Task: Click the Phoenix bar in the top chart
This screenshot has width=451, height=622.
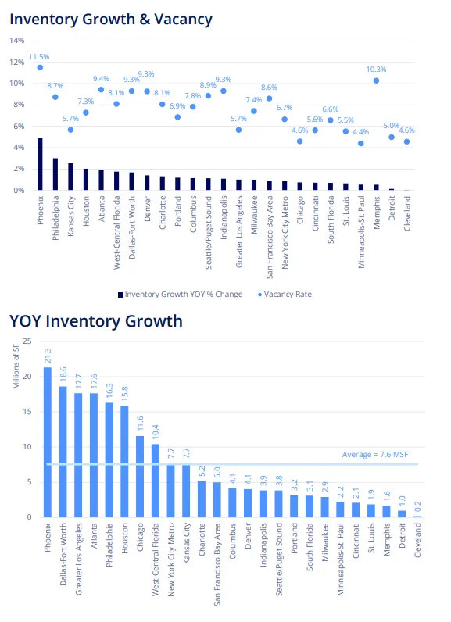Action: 40,164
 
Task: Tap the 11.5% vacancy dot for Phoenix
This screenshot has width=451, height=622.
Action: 40,67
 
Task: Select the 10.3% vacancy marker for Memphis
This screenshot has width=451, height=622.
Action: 376,80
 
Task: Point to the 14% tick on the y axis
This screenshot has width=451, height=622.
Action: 16,41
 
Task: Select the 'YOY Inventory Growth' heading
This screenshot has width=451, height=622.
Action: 95,321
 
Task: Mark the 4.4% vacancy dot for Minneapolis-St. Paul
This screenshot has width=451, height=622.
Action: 360,143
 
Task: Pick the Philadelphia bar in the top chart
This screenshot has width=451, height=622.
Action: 55,174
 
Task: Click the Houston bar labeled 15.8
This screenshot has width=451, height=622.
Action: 125,461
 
